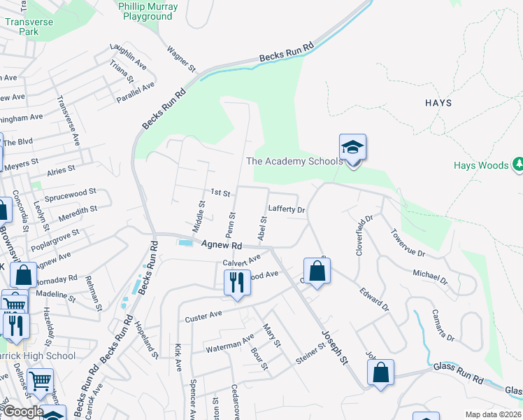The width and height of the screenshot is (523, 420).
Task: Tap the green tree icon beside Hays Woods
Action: click(518, 165)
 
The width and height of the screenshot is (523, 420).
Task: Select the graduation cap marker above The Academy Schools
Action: click(352, 148)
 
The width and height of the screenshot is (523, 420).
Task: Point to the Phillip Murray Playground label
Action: click(148, 11)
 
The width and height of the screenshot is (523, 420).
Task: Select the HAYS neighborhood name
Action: click(438, 103)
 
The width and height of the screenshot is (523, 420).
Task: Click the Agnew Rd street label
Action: click(221, 245)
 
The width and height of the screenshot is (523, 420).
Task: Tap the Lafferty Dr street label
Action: click(287, 209)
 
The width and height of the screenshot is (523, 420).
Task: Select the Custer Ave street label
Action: click(203, 316)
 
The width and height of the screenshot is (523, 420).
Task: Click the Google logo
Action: click(22, 412)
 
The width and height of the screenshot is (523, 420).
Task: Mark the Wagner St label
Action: click(180, 59)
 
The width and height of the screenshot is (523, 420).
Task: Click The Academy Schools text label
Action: click(294, 161)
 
